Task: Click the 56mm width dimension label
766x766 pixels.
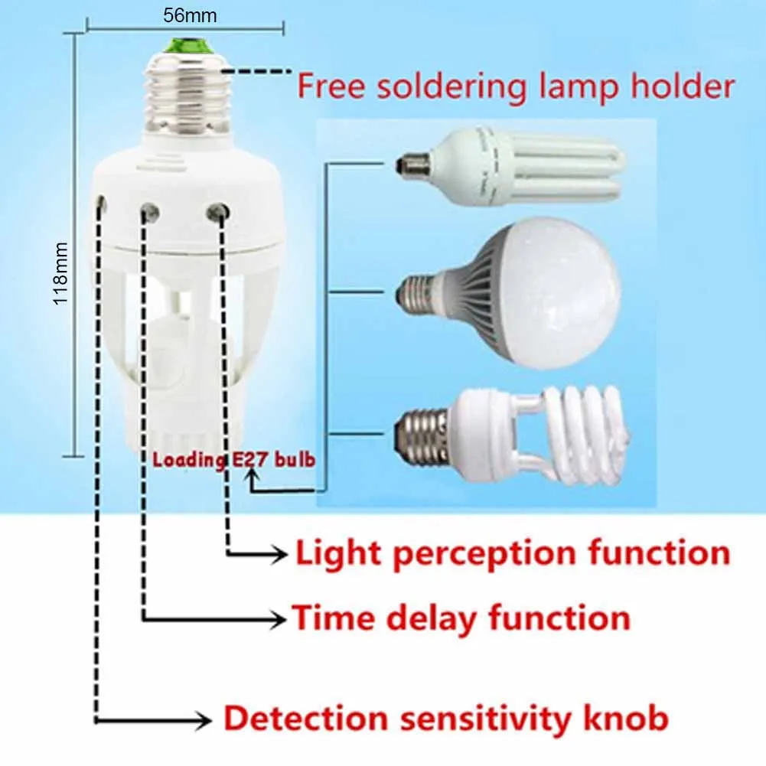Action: [x=190, y=15]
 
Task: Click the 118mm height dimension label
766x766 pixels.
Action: [x=60, y=274]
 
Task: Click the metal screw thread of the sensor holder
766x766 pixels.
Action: [x=188, y=95]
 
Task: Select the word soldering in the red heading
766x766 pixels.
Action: [x=451, y=87]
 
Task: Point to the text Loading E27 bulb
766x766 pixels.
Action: [x=233, y=460]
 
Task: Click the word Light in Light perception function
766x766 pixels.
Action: [x=337, y=553]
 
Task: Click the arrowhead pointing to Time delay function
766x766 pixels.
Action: [x=277, y=619]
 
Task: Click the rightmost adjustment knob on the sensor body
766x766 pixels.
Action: [x=218, y=211]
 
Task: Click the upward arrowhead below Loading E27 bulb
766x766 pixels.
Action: [x=253, y=474]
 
